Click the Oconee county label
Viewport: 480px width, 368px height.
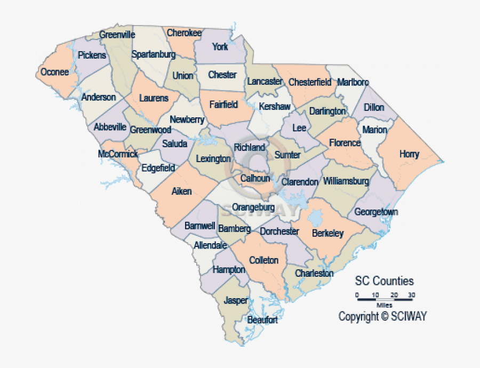click(55, 72)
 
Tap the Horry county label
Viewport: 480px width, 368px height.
click(409, 155)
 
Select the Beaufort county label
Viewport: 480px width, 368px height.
click(262, 320)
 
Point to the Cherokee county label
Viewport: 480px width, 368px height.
click(184, 33)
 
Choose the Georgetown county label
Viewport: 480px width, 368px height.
click(376, 212)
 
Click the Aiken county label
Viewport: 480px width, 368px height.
click(181, 191)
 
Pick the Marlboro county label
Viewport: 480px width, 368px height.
click(353, 82)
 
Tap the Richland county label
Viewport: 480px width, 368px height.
click(250, 147)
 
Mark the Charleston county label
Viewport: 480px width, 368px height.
click(314, 273)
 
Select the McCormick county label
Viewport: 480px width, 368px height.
click(118, 154)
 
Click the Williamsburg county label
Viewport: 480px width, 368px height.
click(346, 181)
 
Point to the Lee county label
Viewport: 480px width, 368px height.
click(299, 128)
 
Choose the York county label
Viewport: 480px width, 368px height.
click(220, 47)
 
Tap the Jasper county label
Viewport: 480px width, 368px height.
click(236, 300)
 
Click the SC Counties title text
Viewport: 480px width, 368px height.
click(384, 281)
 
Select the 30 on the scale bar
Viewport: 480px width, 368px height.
click(411, 295)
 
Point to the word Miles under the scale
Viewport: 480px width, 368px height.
click(384, 305)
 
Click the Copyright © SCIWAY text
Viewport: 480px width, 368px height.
click(382, 316)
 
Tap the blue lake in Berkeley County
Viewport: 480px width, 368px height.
click(316, 218)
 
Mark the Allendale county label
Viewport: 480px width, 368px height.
click(210, 245)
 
